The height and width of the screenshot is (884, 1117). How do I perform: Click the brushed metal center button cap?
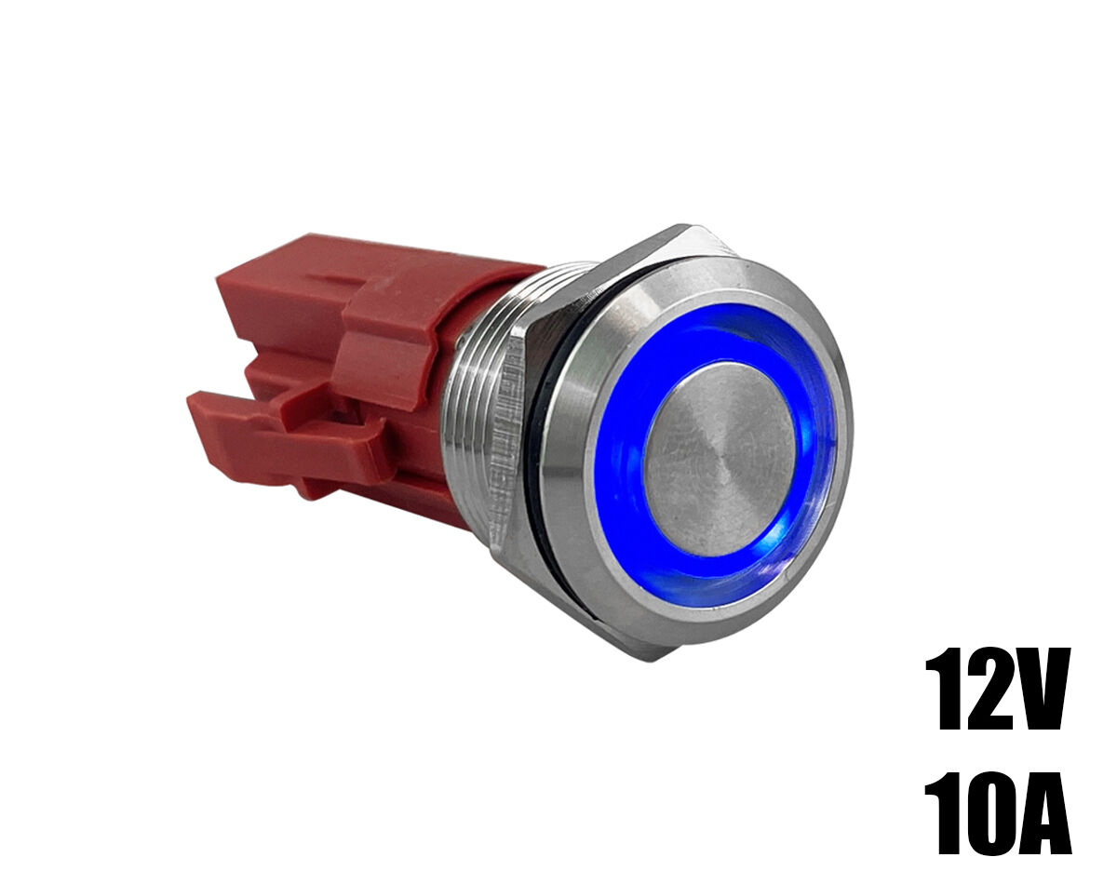720,461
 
